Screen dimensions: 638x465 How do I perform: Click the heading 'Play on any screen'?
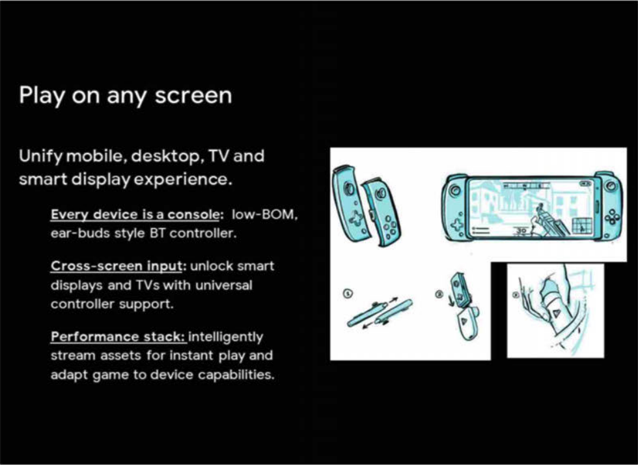(x=125, y=96)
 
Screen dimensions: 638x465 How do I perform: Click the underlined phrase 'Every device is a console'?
(x=135, y=214)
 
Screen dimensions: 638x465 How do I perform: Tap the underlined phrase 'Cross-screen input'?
(x=116, y=266)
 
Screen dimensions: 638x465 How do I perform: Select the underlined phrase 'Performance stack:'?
(x=118, y=337)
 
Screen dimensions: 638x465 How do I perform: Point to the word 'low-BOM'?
(x=264, y=214)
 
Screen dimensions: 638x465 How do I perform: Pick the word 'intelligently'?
(x=226, y=337)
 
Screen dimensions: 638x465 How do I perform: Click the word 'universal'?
(x=224, y=285)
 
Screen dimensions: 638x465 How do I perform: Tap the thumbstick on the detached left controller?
(x=349, y=188)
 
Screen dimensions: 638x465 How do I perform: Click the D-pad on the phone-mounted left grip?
(x=456, y=223)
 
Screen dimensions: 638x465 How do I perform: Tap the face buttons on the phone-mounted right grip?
(x=611, y=218)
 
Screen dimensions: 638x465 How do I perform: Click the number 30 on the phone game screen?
(x=521, y=231)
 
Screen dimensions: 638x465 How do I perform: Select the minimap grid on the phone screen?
(x=582, y=226)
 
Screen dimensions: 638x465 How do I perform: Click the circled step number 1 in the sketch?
(x=348, y=293)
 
